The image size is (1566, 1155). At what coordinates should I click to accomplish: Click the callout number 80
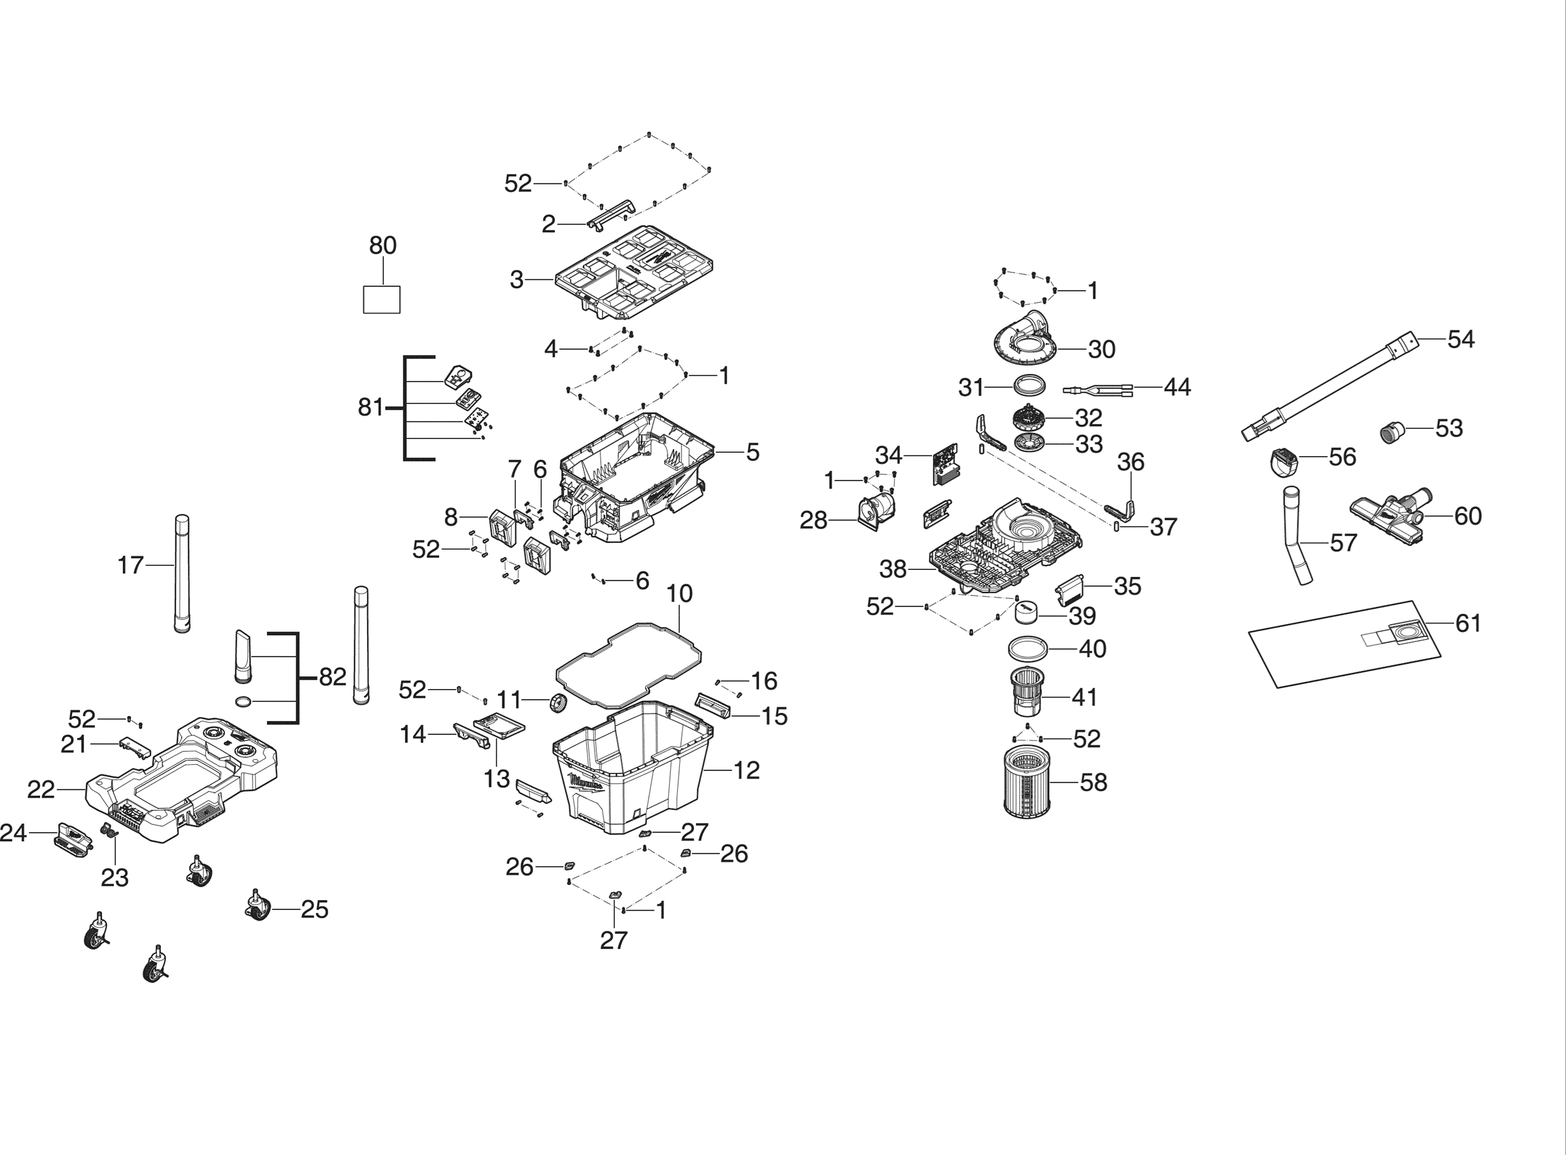coord(382,246)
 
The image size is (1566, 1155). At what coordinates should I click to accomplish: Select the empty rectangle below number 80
coord(381,299)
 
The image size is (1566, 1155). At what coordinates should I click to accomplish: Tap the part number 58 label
coord(1094,782)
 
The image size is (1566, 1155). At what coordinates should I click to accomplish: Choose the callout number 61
coord(1468,623)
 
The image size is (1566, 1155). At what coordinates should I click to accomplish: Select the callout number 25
coord(314,909)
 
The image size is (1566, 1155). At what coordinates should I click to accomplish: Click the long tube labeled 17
coord(182,573)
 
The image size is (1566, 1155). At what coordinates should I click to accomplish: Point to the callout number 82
coord(333,677)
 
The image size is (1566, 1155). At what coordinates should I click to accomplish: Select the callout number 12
coord(747,770)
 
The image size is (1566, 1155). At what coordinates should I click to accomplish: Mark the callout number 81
coord(371,407)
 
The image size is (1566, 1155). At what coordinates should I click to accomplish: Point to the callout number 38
coord(893,570)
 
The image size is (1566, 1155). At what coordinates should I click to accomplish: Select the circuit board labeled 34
coord(945,464)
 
